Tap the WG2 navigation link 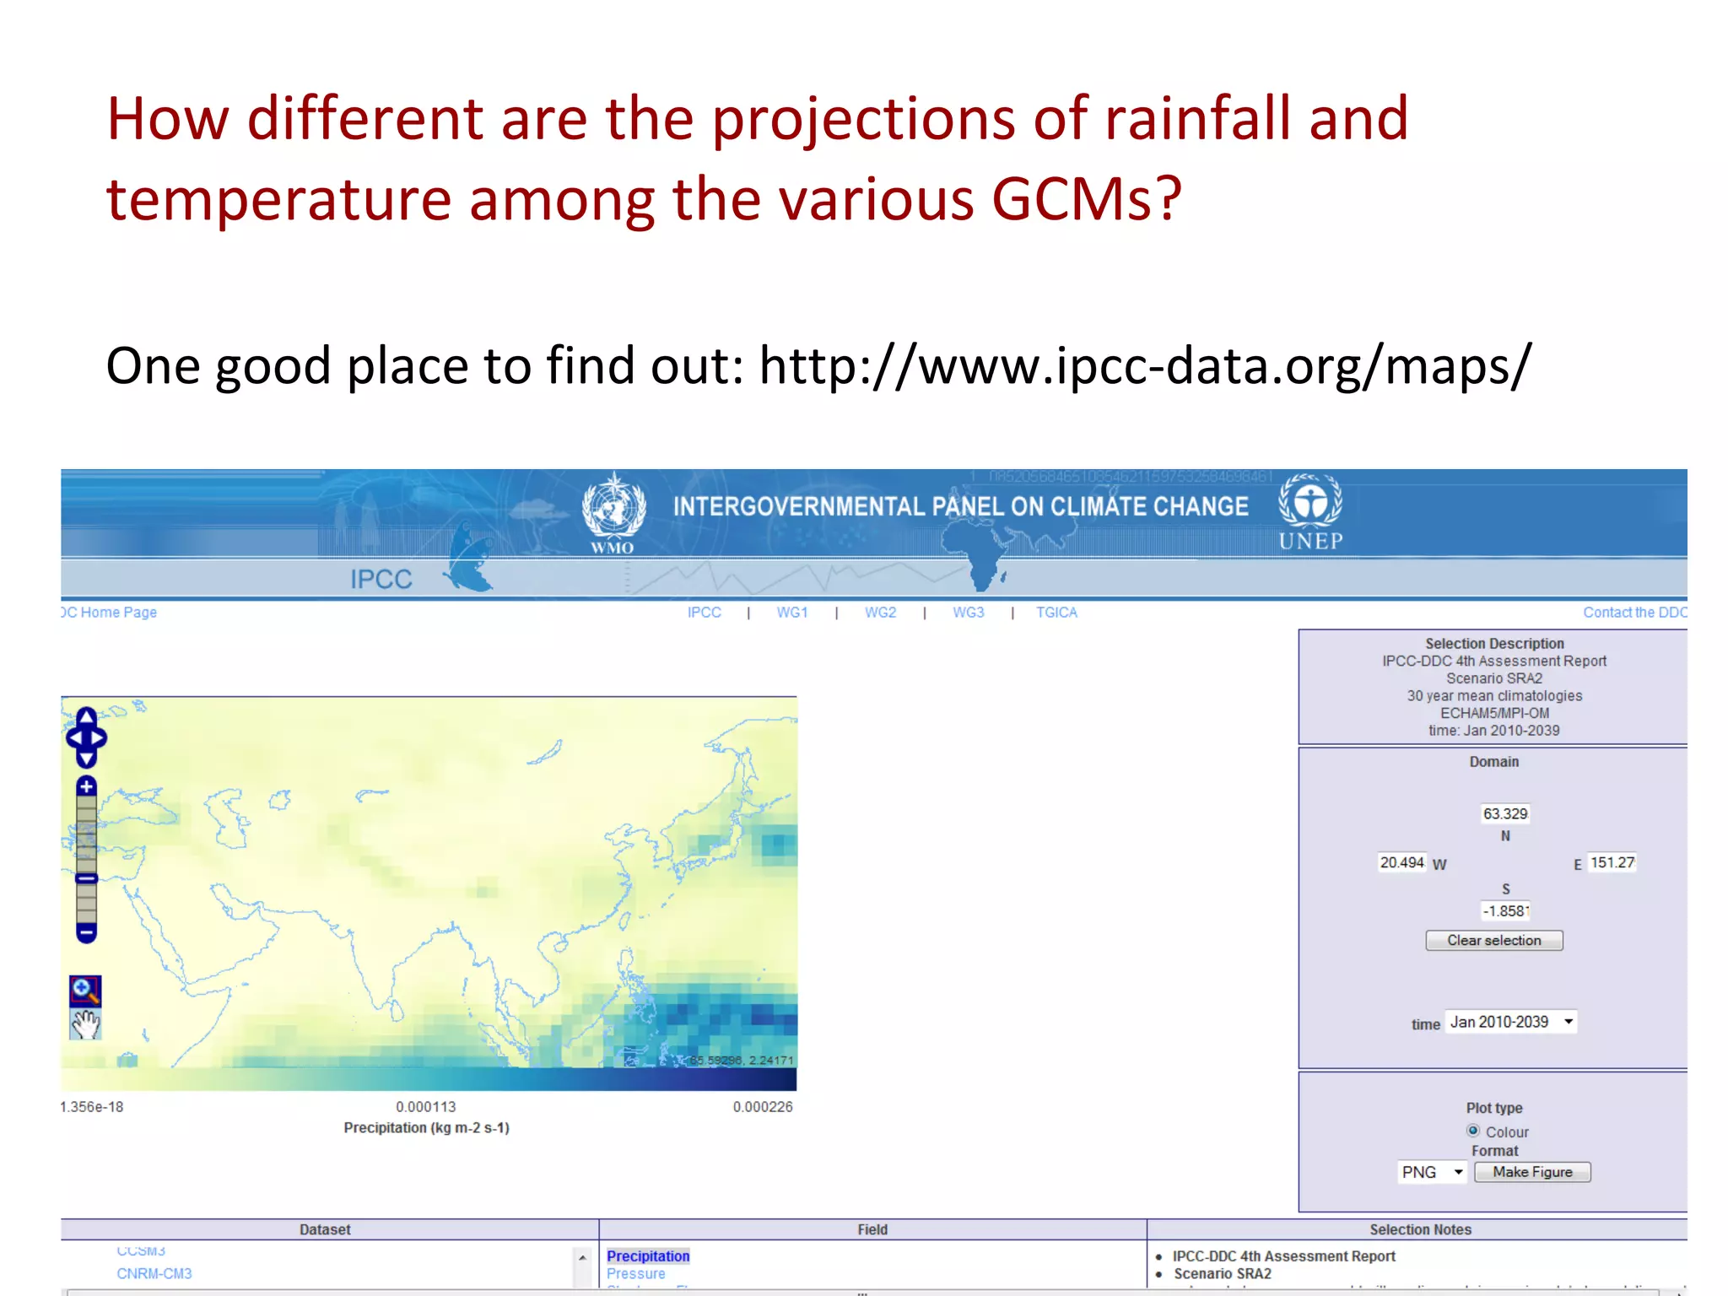click(x=880, y=613)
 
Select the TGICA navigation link click(x=1056, y=613)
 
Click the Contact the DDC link click(x=1634, y=613)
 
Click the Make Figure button click(x=1531, y=1172)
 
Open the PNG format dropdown click(x=1432, y=1172)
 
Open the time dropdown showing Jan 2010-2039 click(x=1510, y=1022)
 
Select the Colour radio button click(x=1473, y=1131)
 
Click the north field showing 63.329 click(x=1505, y=813)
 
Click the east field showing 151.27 click(x=1612, y=862)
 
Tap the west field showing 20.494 click(x=1401, y=862)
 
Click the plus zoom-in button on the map click(x=86, y=786)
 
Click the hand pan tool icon click(x=85, y=1024)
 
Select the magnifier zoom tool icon click(x=85, y=990)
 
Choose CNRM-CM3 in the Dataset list click(x=154, y=1273)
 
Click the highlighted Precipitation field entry click(x=647, y=1256)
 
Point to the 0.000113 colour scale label click(x=426, y=1106)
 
